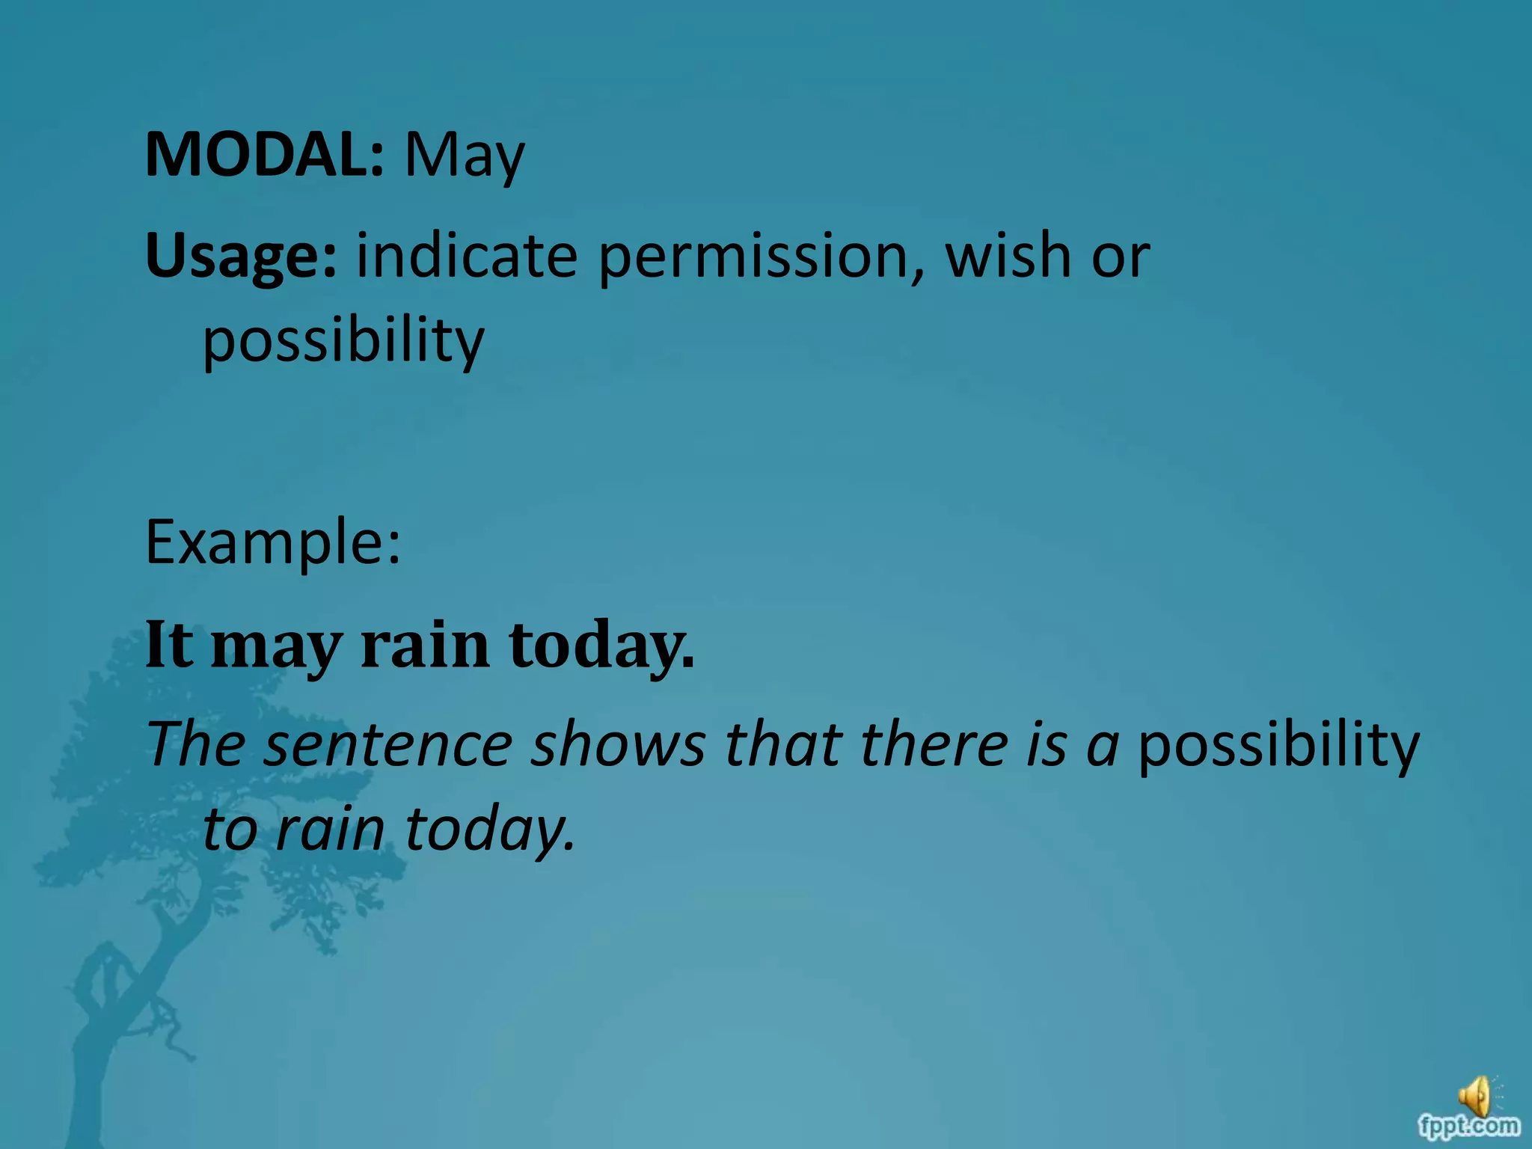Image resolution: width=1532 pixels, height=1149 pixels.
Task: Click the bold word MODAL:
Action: point(265,155)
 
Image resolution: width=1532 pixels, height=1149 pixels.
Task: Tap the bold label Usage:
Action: point(241,256)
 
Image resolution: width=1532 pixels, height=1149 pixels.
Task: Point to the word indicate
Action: point(467,256)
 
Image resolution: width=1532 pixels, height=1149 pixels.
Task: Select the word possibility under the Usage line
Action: point(343,341)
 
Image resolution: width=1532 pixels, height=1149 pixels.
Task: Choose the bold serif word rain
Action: point(425,645)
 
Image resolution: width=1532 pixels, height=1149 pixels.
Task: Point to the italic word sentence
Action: point(387,745)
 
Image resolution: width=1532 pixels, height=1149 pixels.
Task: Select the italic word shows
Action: point(618,745)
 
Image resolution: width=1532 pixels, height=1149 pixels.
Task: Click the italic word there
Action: point(934,745)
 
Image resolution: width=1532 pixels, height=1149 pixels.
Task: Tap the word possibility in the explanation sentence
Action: point(1278,747)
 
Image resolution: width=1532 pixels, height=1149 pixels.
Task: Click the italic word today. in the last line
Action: point(490,830)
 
